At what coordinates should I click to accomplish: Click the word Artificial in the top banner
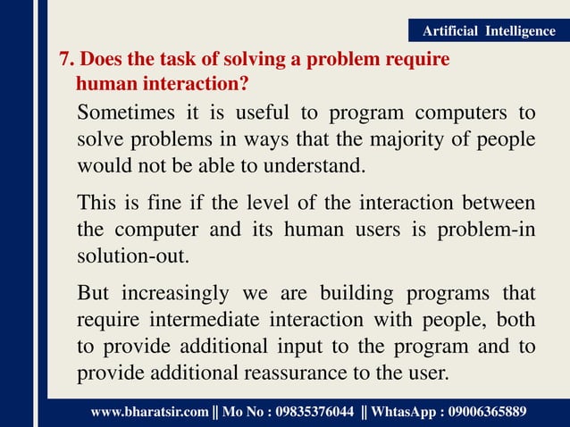(452, 31)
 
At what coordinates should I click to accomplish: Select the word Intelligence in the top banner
(520, 31)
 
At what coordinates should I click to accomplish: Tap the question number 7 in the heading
(63, 61)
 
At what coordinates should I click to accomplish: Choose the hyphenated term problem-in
(486, 230)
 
